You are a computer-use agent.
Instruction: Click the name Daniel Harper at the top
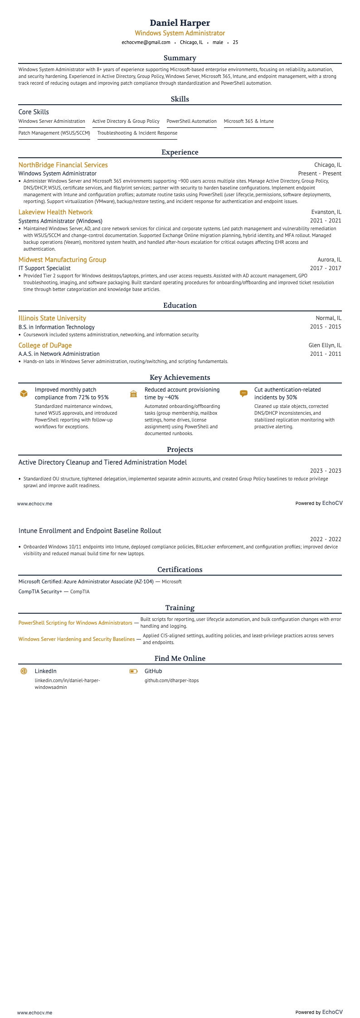(180, 23)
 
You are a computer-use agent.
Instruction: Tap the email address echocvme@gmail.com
(146, 43)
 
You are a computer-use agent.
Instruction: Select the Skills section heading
(180, 99)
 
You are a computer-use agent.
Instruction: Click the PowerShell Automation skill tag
(191, 121)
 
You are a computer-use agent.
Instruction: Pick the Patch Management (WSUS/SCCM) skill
(54, 133)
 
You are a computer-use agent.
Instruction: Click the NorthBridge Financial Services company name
(63, 165)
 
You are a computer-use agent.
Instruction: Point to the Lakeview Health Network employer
(55, 212)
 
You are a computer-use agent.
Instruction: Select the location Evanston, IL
(326, 212)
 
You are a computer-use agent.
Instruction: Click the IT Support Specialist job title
(44, 268)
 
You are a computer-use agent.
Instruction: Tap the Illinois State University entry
(52, 318)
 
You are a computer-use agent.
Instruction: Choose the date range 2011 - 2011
(326, 354)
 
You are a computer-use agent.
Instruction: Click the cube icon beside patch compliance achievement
(24, 394)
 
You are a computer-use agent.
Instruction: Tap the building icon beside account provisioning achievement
(133, 394)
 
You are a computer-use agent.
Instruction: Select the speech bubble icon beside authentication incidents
(243, 394)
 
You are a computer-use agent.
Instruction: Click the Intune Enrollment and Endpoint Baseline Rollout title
(90, 531)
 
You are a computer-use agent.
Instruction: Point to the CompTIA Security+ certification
(40, 591)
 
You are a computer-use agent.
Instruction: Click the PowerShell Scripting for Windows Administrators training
(75, 623)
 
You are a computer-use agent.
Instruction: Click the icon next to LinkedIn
(24, 671)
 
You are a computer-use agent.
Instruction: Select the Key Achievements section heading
(180, 378)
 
